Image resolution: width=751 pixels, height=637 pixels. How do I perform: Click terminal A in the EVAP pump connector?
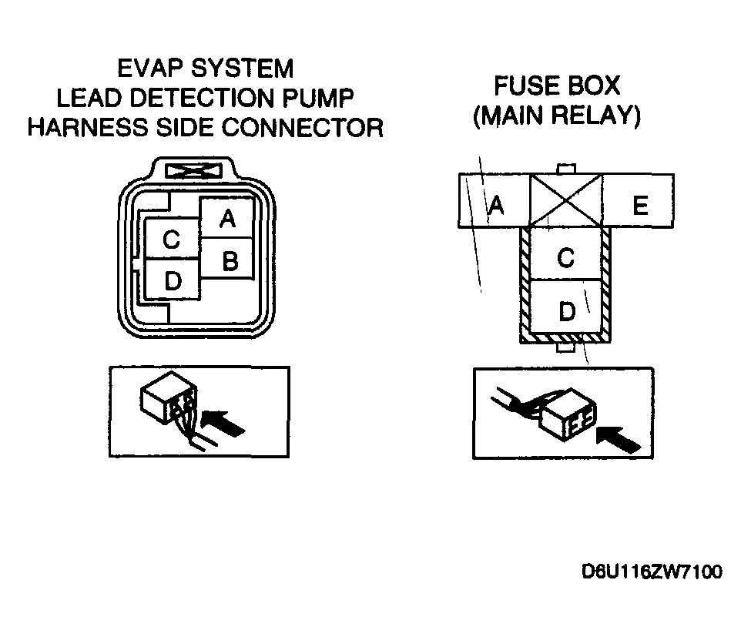click(226, 218)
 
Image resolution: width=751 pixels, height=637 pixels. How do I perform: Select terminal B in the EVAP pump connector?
click(226, 258)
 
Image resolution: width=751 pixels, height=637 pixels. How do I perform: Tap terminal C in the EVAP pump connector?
click(172, 239)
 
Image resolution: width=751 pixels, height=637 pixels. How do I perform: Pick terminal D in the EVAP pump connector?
click(172, 280)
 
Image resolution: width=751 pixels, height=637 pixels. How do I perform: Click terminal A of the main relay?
click(495, 200)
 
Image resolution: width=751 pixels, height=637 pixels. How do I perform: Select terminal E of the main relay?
click(638, 200)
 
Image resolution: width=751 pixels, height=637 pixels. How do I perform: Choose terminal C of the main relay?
click(565, 254)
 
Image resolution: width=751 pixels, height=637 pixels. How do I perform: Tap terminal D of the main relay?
click(565, 307)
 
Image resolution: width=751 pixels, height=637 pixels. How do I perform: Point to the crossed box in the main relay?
click(566, 200)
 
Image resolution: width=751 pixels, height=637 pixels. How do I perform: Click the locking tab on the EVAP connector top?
click(193, 171)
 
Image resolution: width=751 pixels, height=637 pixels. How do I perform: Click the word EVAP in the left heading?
click(151, 68)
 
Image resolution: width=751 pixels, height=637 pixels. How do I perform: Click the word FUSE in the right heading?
click(523, 85)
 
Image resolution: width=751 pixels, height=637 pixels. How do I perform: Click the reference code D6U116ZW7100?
click(652, 572)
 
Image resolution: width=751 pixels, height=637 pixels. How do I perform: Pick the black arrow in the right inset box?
click(618, 439)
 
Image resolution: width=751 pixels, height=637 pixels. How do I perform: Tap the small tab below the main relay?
click(565, 347)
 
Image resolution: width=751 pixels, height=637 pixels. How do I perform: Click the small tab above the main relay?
click(566, 169)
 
